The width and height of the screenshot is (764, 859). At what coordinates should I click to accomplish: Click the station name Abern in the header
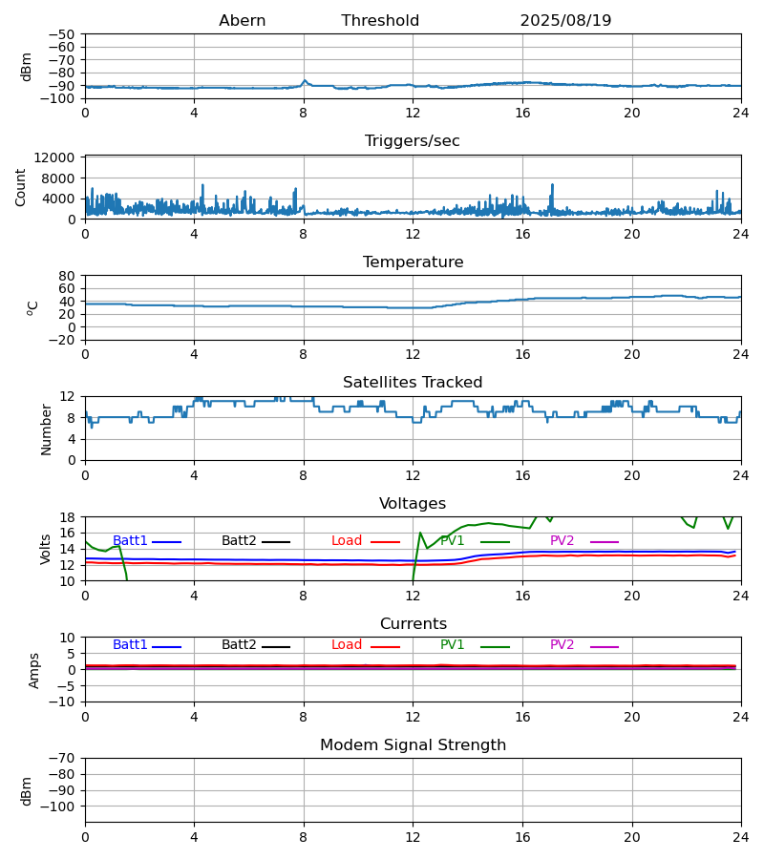pyautogui.click(x=242, y=21)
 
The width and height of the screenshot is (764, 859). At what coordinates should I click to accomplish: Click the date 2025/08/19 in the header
pyautogui.click(x=565, y=21)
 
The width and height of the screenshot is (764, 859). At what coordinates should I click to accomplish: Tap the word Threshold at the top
pyautogui.click(x=380, y=21)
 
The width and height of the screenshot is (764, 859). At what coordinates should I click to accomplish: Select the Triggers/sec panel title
pyautogui.click(x=413, y=141)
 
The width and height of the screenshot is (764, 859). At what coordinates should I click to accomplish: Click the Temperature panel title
pyautogui.click(x=413, y=262)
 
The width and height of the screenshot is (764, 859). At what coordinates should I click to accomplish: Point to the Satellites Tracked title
pyautogui.click(x=413, y=383)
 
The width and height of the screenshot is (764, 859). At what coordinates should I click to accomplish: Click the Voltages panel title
pyautogui.click(x=413, y=504)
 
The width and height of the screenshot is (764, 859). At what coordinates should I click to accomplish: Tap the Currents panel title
pyautogui.click(x=413, y=624)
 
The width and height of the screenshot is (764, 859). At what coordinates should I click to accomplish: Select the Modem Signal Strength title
pyautogui.click(x=413, y=745)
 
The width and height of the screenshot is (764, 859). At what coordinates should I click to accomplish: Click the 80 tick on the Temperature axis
pyautogui.click(x=68, y=276)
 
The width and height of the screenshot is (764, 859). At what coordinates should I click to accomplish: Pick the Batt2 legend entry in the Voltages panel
pyautogui.click(x=239, y=541)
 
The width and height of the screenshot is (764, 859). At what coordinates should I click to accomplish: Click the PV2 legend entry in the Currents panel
pyautogui.click(x=562, y=645)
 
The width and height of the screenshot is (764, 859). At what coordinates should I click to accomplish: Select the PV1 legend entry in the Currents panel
pyautogui.click(x=452, y=645)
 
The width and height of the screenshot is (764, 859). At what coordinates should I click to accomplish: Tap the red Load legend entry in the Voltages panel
pyautogui.click(x=347, y=541)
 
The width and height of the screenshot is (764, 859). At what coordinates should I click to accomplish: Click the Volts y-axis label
pyautogui.click(x=47, y=549)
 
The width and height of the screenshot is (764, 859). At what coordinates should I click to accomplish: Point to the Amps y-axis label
pyautogui.click(x=35, y=670)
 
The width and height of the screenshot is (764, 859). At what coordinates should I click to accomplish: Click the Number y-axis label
pyautogui.click(x=47, y=429)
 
